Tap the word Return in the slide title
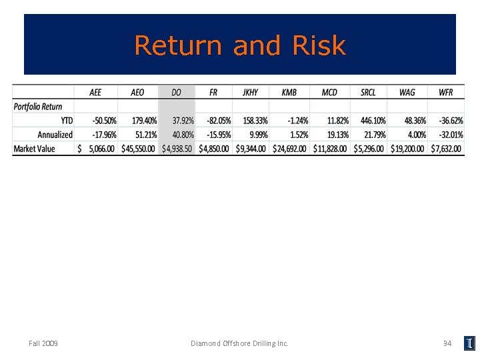pyautogui.click(x=178, y=45)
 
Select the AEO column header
pyautogui.click(x=137, y=93)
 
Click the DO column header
pyautogui.click(x=176, y=93)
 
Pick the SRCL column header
pyautogui.click(x=368, y=93)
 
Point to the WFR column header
pyautogui.click(x=445, y=93)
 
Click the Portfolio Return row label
pyautogui.click(x=38, y=107)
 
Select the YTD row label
pyautogui.click(x=67, y=121)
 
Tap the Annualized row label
pyautogui.click(x=55, y=135)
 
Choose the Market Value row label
pyautogui.click(x=35, y=149)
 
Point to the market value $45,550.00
pyautogui.click(x=138, y=149)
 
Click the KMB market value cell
pyautogui.click(x=289, y=149)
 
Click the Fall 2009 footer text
pyautogui.click(x=43, y=343)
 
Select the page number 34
pyautogui.click(x=447, y=343)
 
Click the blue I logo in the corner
pyautogui.click(x=469, y=343)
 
